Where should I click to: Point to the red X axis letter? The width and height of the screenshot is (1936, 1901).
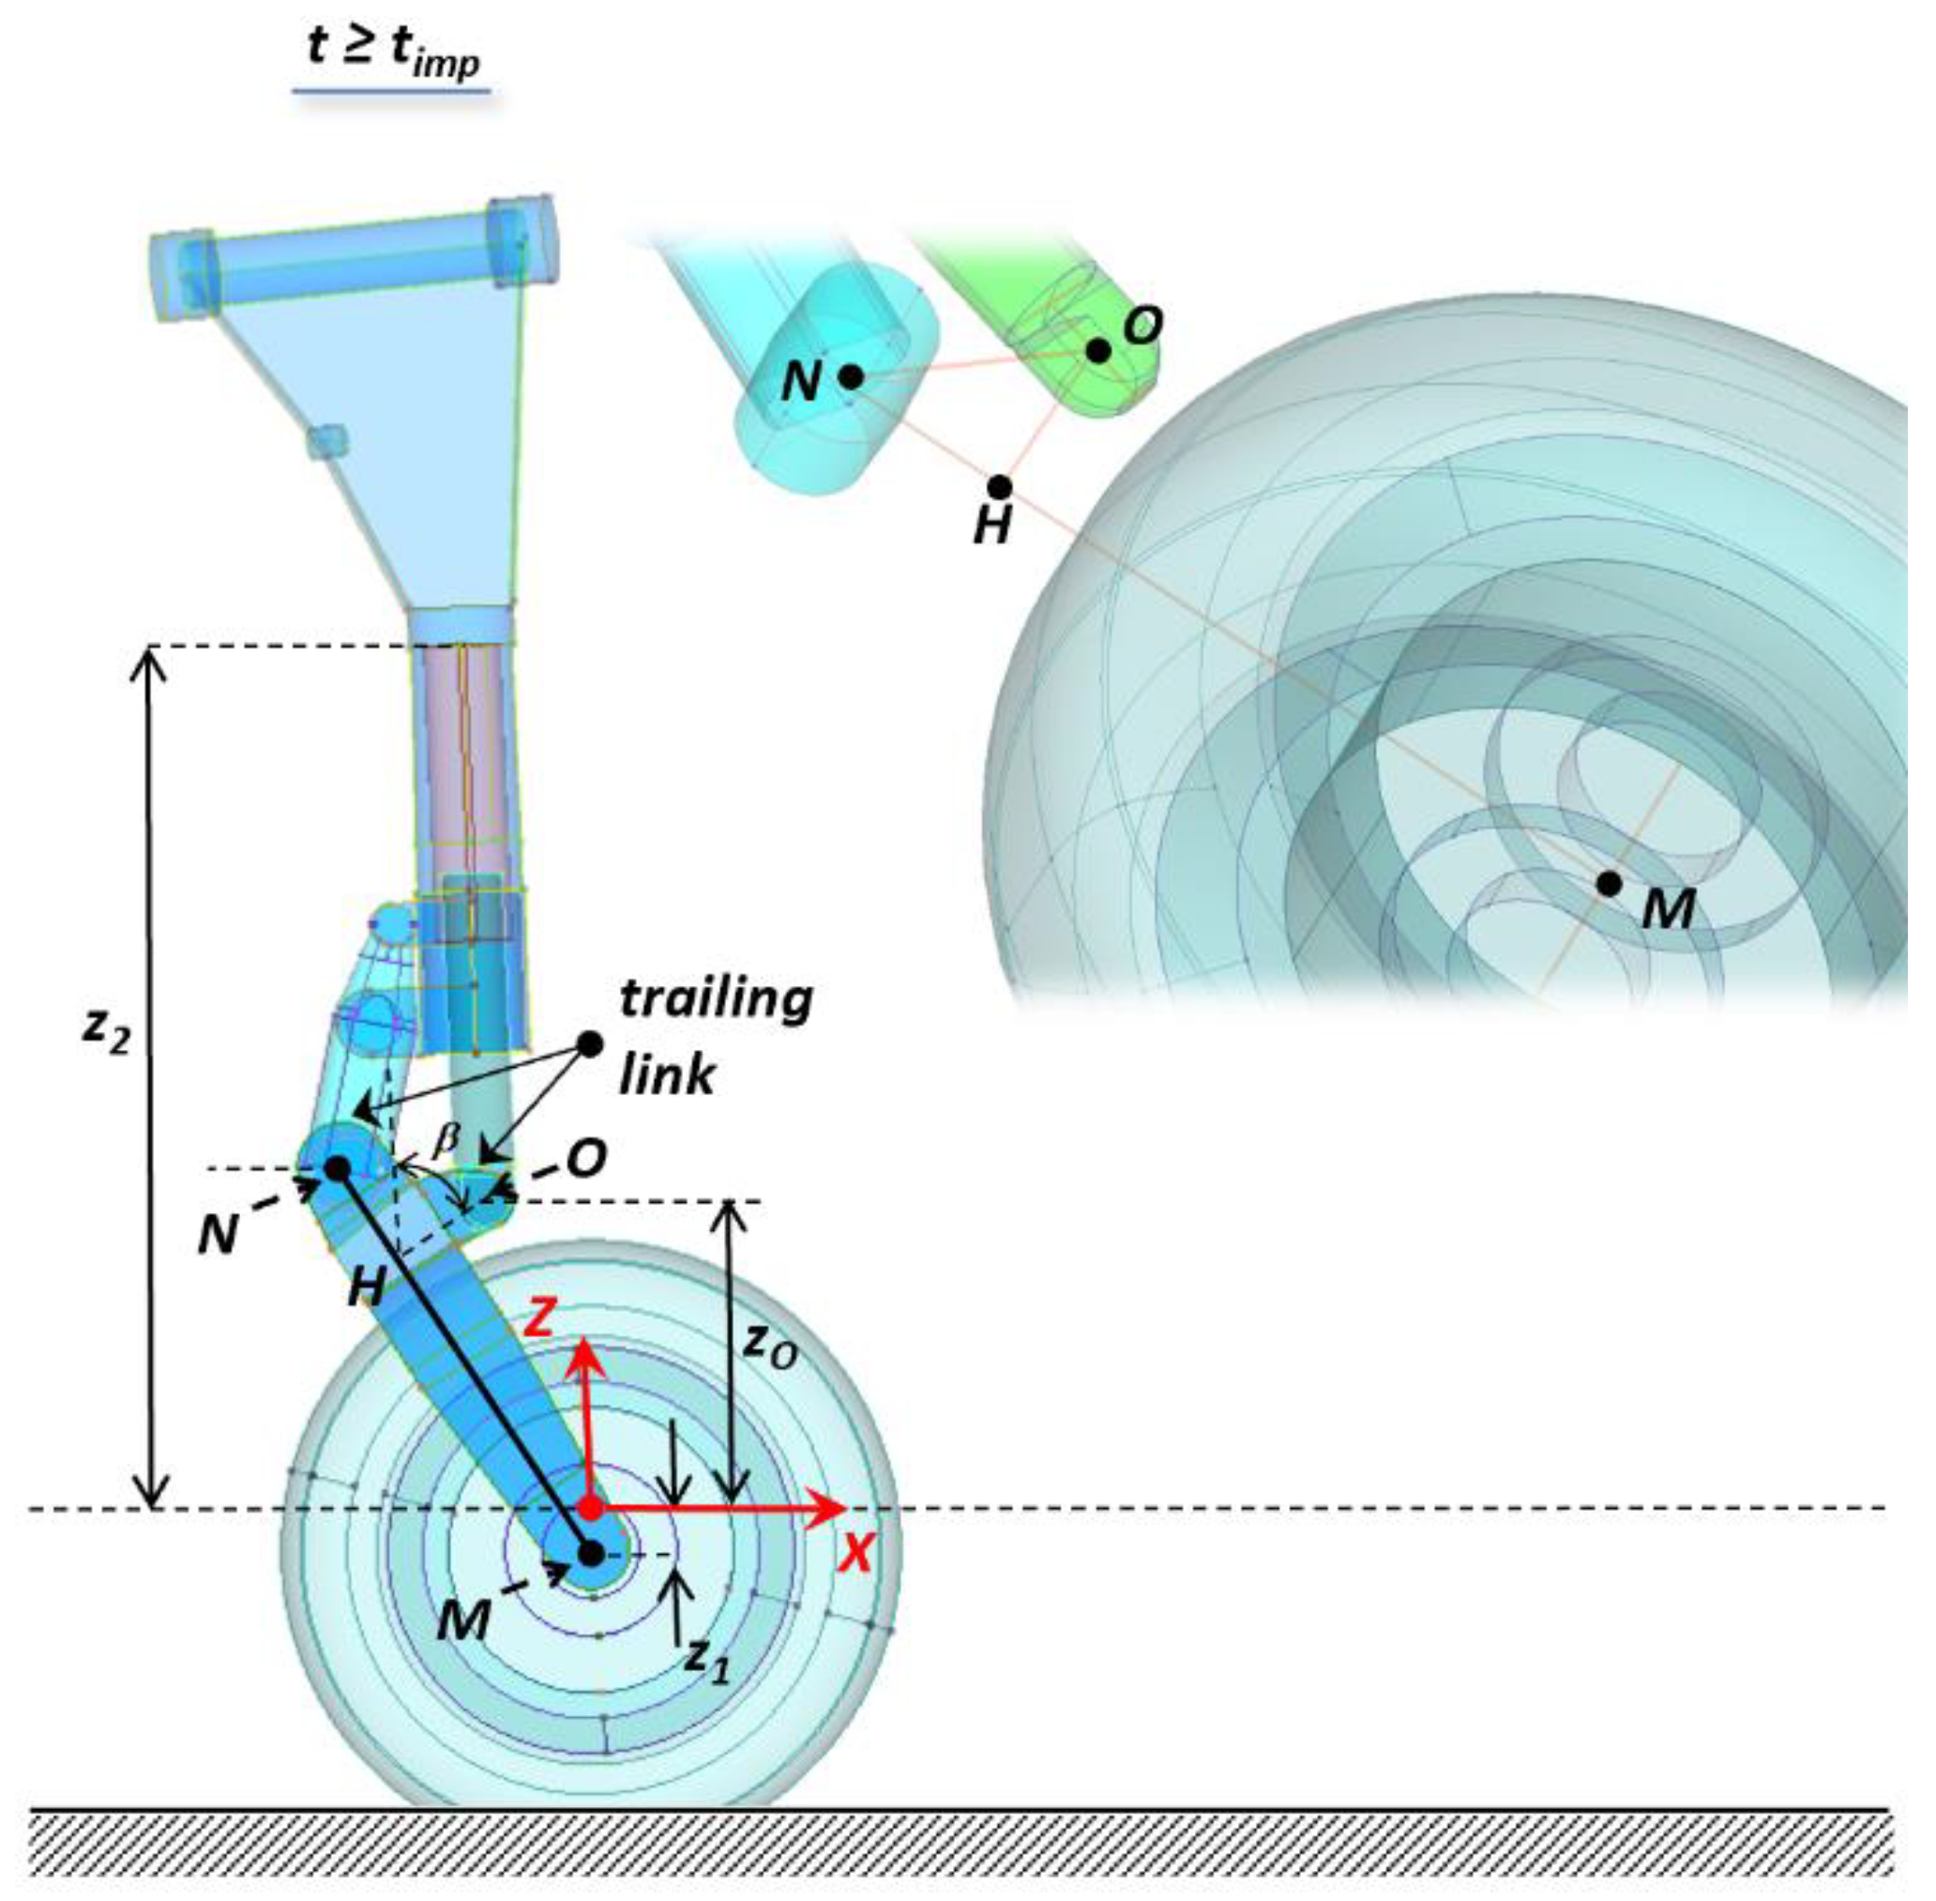pyautogui.click(x=855, y=1554)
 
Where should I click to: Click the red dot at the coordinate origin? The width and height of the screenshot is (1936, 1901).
pyautogui.click(x=591, y=1508)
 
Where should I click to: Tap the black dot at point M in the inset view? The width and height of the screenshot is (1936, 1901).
pyautogui.click(x=1608, y=884)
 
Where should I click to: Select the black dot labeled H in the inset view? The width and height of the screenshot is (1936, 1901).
pyautogui.click(x=1000, y=487)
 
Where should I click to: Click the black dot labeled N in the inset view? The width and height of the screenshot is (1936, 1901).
pyautogui.click(x=850, y=376)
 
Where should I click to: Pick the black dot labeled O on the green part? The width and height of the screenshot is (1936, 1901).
pyautogui.click(x=1097, y=350)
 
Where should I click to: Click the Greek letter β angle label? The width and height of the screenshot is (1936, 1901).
pyautogui.click(x=446, y=1139)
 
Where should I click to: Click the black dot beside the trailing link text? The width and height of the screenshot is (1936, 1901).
pyautogui.click(x=591, y=1044)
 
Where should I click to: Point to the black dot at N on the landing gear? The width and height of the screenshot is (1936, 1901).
pyautogui.click(x=338, y=1167)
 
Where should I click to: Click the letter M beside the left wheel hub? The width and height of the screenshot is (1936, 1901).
pyautogui.click(x=464, y=1620)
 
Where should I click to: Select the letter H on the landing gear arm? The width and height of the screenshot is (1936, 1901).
pyautogui.click(x=366, y=1289)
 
